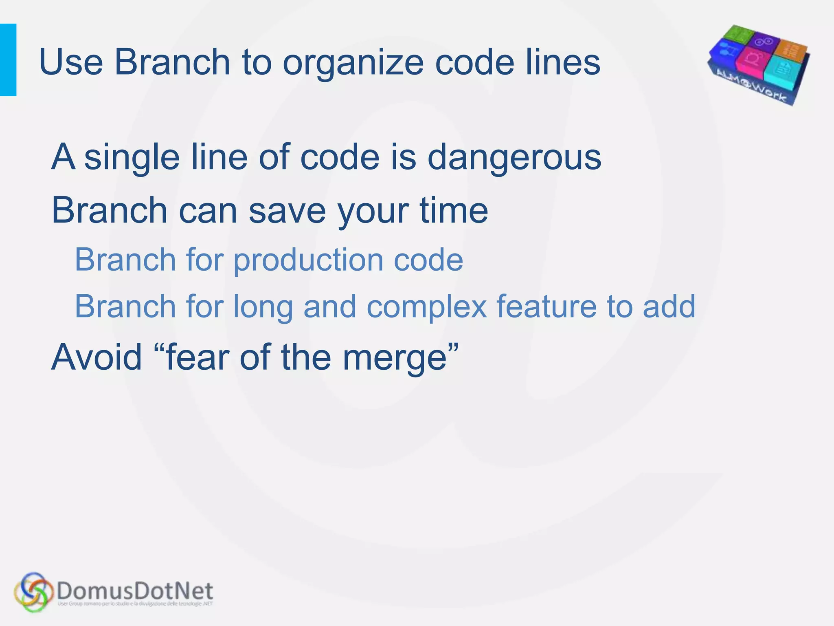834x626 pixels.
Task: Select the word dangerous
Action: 514,158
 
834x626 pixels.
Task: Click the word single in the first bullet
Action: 132,158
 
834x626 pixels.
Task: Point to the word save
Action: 287,211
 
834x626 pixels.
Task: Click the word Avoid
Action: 97,357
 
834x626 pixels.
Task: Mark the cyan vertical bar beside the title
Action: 8,60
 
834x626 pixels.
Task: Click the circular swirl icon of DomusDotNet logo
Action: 33,592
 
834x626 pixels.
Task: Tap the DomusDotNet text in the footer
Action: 134,590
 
